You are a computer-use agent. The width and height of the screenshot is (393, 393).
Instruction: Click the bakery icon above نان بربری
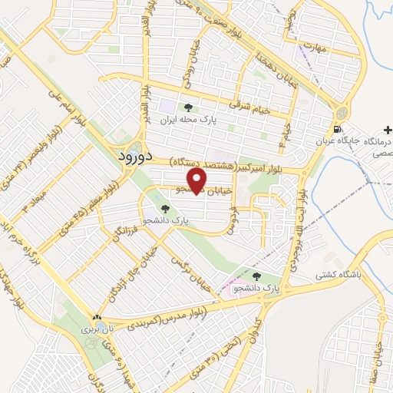pyautogui.click(x=97, y=316)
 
